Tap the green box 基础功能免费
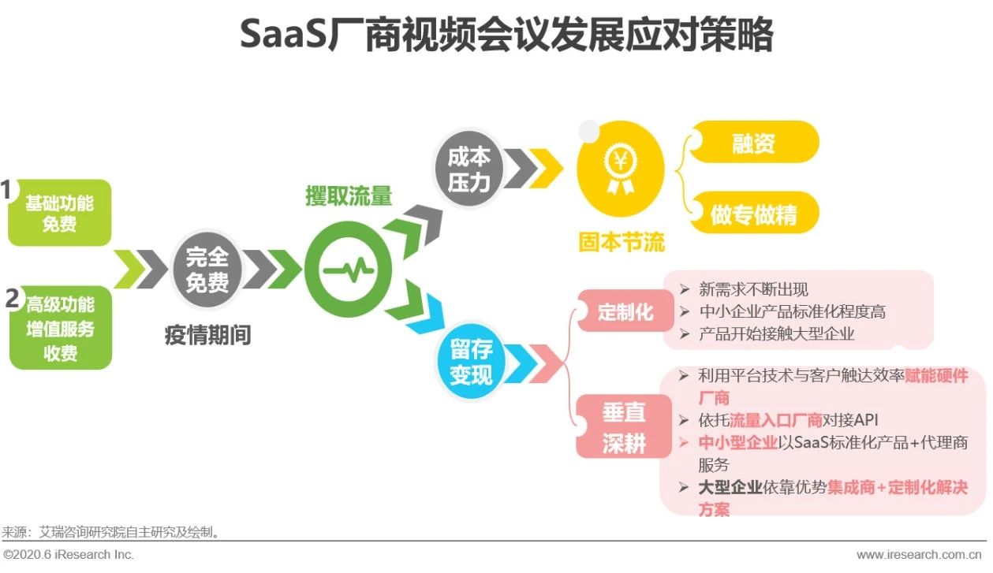click(60, 214)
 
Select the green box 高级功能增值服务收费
click(61, 328)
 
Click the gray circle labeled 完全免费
click(207, 270)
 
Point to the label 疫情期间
click(207, 336)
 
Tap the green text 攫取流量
click(348, 196)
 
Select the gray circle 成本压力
click(469, 169)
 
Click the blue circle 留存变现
click(471, 362)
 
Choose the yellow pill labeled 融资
click(753, 143)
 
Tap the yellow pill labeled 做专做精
click(753, 214)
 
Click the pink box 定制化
click(625, 312)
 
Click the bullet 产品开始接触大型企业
click(776, 333)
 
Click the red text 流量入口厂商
click(776, 419)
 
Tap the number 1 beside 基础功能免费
click(7, 191)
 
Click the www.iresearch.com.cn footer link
click(919, 555)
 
